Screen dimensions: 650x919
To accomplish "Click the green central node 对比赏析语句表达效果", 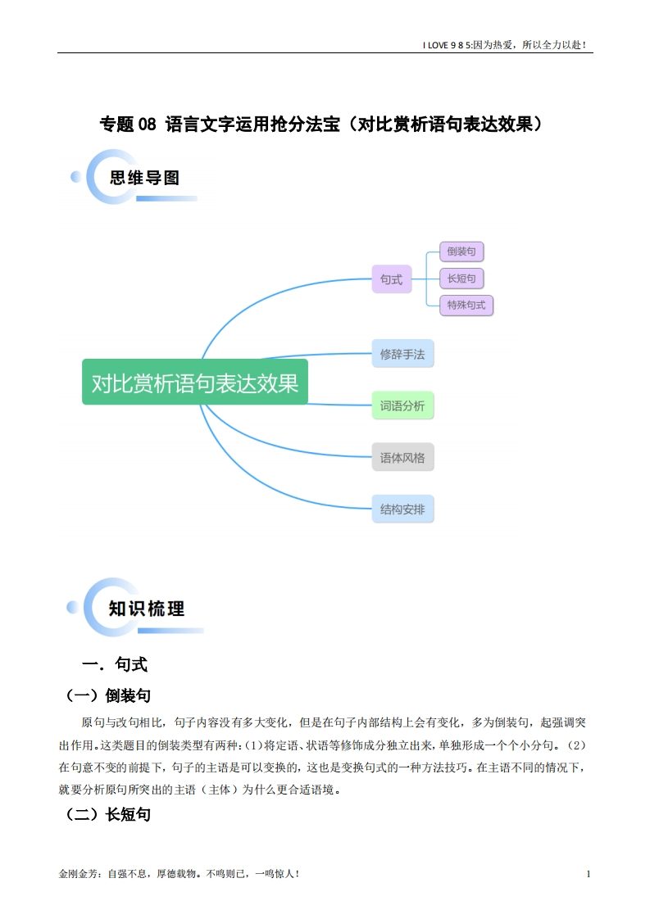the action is (x=195, y=382).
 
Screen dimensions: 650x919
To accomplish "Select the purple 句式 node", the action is (x=391, y=279).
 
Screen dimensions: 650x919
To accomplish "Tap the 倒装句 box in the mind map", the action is (x=461, y=251).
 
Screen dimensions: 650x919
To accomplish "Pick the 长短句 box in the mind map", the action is (x=461, y=278).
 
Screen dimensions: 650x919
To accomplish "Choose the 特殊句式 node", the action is (x=466, y=306).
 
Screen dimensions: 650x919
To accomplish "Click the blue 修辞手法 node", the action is (x=402, y=354).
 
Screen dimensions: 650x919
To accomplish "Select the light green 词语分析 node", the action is (x=402, y=405).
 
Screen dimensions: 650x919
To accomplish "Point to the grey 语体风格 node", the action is (x=402, y=457).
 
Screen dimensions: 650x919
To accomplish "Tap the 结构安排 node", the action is (x=402, y=509).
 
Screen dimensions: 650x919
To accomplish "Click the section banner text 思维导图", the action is (x=144, y=178).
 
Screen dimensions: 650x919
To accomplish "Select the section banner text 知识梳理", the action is (x=147, y=609).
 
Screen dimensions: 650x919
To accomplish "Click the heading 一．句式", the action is (x=115, y=664).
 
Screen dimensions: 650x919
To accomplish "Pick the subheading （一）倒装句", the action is (x=108, y=695).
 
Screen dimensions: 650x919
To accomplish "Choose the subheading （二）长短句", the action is (x=108, y=814).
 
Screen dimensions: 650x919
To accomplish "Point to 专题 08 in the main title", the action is (x=128, y=124).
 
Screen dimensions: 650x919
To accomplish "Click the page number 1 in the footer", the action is (x=589, y=874).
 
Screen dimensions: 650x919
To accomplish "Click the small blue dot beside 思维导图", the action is (x=75, y=176).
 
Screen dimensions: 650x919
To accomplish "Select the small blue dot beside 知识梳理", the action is (x=72, y=607).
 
